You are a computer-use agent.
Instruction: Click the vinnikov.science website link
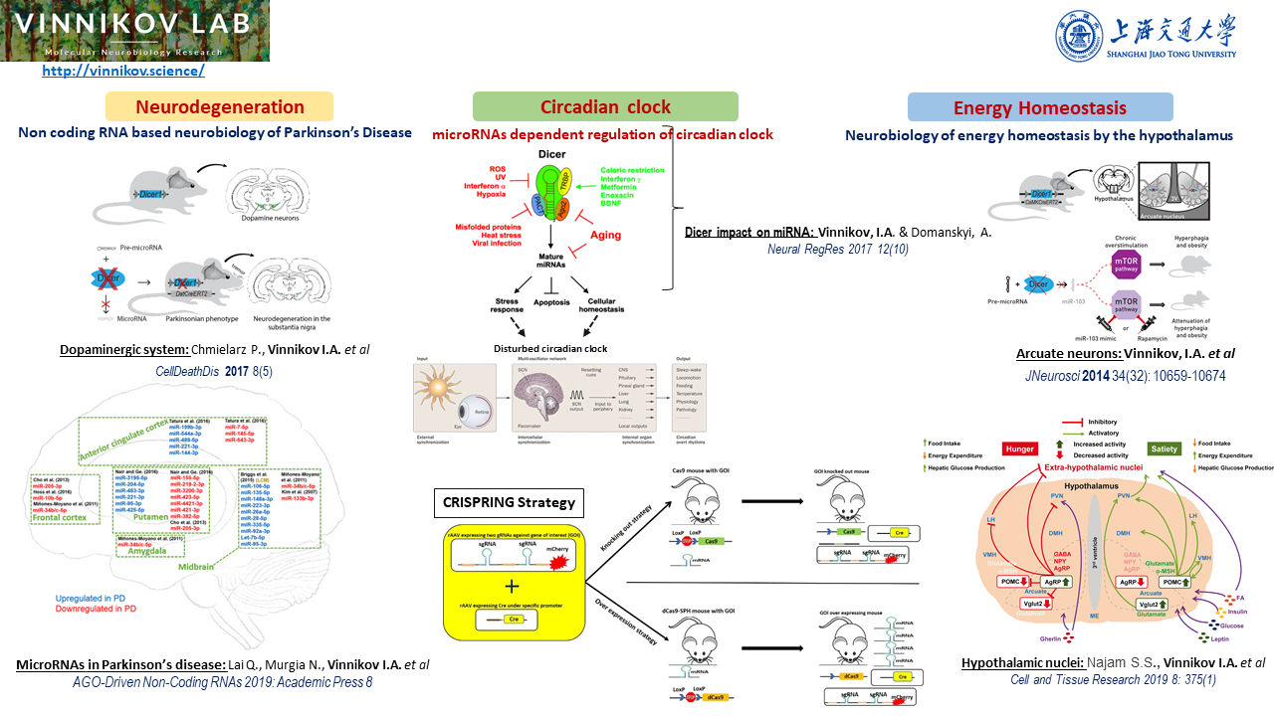(123, 71)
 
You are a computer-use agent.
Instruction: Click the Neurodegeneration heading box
(220, 106)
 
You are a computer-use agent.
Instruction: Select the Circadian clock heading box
(605, 106)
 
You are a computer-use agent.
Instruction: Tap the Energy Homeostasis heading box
(1040, 107)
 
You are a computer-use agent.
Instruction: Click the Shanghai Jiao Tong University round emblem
(1079, 36)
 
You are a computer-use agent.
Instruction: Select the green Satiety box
(1164, 448)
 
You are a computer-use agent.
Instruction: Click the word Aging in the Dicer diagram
(605, 236)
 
